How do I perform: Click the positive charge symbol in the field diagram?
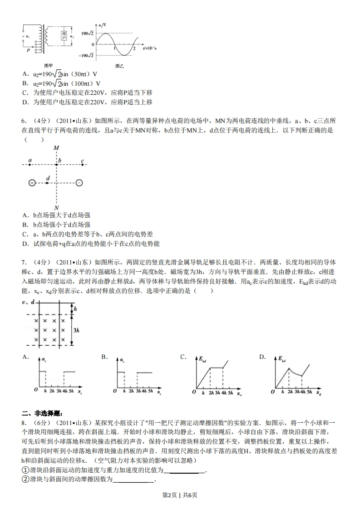32,183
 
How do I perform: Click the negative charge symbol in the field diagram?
79,183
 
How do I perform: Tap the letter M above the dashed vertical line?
56,148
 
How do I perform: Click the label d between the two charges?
47,178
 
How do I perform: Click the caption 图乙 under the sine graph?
119,66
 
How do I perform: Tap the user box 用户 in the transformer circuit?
64,37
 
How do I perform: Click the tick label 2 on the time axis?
134,49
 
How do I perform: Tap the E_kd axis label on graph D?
282,359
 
